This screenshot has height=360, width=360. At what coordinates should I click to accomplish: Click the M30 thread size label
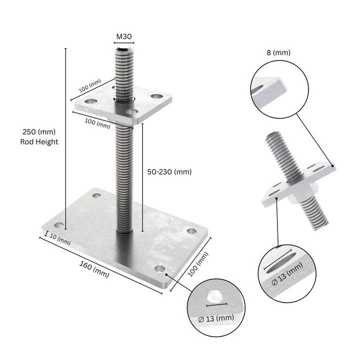(124, 36)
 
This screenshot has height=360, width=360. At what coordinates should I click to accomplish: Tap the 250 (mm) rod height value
(39, 132)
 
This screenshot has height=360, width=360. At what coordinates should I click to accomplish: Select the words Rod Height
(39, 142)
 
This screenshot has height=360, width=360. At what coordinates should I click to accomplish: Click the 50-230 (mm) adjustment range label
(169, 171)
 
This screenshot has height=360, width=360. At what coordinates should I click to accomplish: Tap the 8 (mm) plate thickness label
(278, 52)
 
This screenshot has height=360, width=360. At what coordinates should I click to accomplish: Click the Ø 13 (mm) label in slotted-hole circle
(287, 275)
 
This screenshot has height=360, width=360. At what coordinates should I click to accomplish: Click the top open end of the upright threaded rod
(124, 49)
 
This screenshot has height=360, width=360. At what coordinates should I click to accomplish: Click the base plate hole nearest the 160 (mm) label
(159, 269)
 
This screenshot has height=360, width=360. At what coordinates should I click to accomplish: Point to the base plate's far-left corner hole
(59, 224)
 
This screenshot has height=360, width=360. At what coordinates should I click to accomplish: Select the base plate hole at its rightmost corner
(191, 231)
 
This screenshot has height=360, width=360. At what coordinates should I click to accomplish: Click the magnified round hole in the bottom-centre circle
(215, 294)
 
